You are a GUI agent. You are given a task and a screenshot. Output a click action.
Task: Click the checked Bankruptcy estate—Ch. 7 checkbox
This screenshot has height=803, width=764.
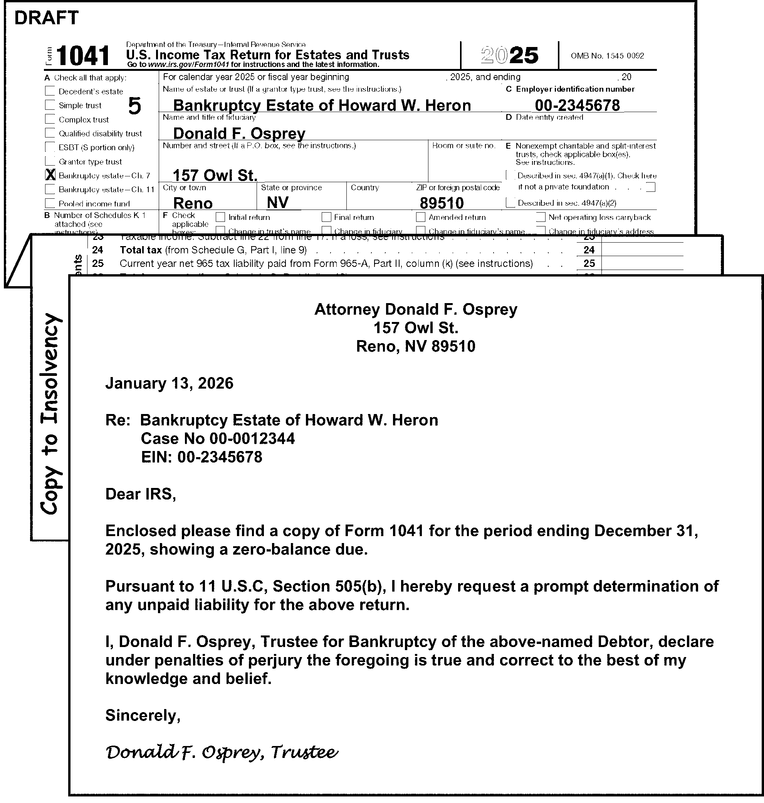click(50, 175)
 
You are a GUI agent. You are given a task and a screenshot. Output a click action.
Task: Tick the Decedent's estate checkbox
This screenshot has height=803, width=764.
click(50, 91)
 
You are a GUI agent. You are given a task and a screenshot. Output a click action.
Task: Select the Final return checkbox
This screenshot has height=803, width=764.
click(326, 217)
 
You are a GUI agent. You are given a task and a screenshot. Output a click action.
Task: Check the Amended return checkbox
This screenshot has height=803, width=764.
click(421, 217)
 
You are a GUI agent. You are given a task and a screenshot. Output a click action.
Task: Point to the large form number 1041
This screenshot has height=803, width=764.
click(83, 56)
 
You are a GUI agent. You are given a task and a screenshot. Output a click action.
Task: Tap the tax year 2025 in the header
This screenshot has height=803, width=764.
click(509, 55)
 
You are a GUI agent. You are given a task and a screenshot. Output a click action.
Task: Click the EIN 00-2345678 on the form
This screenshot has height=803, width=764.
click(577, 106)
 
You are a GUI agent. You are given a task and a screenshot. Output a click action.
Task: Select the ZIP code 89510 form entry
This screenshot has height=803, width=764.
click(442, 203)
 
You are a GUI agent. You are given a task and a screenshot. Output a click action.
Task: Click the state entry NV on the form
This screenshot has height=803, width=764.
click(278, 202)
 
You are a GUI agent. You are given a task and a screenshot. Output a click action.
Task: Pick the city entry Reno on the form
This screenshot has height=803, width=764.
click(193, 203)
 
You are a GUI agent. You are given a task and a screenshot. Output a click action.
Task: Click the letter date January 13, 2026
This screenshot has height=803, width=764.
click(170, 383)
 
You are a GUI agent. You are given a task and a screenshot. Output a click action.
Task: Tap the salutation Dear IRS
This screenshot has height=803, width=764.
click(141, 494)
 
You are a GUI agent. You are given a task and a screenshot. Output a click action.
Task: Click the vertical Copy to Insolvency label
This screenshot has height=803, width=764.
click(50, 413)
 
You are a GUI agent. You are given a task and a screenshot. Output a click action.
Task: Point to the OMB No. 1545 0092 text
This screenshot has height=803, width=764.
click(607, 56)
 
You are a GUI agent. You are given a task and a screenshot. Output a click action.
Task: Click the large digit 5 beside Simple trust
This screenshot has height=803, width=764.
click(134, 106)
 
